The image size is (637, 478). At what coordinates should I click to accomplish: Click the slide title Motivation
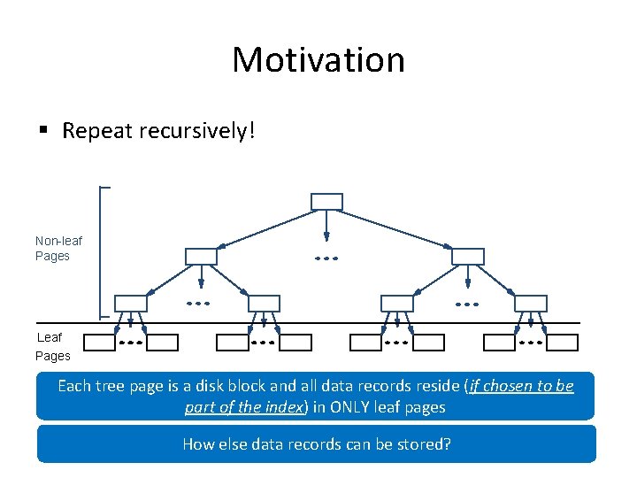click(318, 60)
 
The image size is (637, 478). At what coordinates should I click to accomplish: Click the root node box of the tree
click(326, 202)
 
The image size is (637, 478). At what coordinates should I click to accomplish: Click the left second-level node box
click(201, 257)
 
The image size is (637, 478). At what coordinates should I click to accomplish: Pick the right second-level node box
click(468, 257)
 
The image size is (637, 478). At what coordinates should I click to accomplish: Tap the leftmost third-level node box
click(130, 304)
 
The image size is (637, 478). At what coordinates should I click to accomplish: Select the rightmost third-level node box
click(531, 304)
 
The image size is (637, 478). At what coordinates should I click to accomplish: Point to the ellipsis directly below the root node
click(326, 258)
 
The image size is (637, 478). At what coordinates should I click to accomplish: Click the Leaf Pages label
click(52, 346)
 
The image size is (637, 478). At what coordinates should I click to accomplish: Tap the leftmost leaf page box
click(104, 343)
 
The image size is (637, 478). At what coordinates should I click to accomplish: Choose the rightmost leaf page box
click(561, 343)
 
